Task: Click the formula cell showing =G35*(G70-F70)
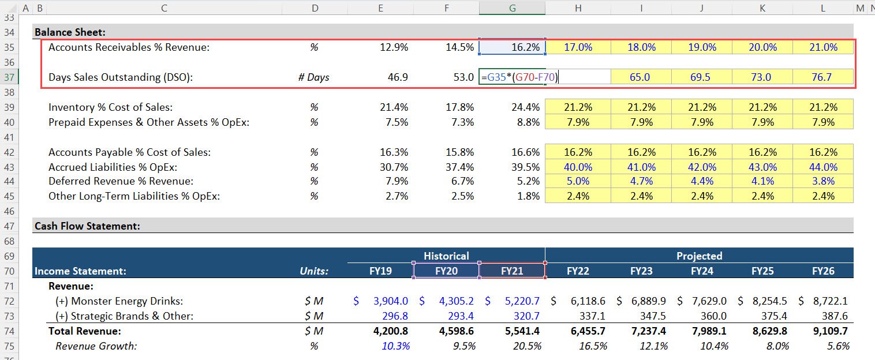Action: [519, 77]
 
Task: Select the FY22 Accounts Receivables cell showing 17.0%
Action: [578, 47]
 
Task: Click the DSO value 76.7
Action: [822, 77]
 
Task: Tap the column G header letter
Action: [512, 8]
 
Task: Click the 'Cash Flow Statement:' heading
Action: [87, 226]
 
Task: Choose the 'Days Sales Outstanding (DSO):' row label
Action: [120, 77]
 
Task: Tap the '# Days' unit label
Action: [314, 77]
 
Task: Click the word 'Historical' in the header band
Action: [446, 256]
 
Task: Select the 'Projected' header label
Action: [699, 256]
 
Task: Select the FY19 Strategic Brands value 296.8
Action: [395, 316]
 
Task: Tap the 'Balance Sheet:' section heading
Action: [70, 32]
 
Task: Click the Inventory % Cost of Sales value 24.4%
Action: [525, 107]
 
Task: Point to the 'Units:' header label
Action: [314, 271]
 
